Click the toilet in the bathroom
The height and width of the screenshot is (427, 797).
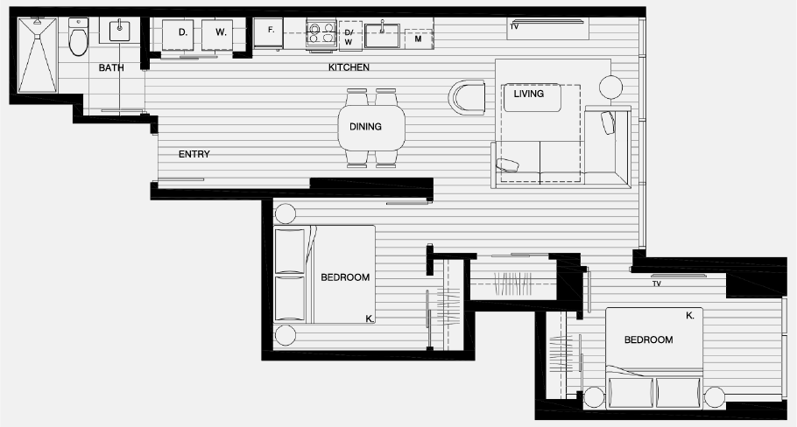tap(79, 36)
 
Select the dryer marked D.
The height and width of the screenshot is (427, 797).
tap(182, 34)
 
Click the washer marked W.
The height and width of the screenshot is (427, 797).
tap(220, 34)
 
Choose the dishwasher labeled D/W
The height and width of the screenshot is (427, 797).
tap(349, 36)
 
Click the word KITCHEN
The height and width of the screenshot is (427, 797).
tap(349, 67)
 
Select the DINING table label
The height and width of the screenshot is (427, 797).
tap(365, 127)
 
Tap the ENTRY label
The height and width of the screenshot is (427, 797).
tap(194, 155)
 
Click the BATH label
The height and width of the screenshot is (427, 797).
tap(110, 68)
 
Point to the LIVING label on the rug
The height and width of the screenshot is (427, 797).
tap(528, 94)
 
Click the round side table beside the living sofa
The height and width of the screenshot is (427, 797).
tap(610, 86)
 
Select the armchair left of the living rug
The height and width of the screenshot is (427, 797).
tap(468, 96)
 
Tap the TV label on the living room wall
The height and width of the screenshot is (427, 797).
tap(514, 27)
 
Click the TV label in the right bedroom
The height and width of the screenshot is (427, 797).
tap(656, 283)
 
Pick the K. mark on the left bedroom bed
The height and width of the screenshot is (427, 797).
tap(370, 319)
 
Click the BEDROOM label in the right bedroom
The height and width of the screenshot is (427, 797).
tap(648, 339)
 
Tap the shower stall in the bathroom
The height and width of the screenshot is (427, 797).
tap(38, 54)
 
